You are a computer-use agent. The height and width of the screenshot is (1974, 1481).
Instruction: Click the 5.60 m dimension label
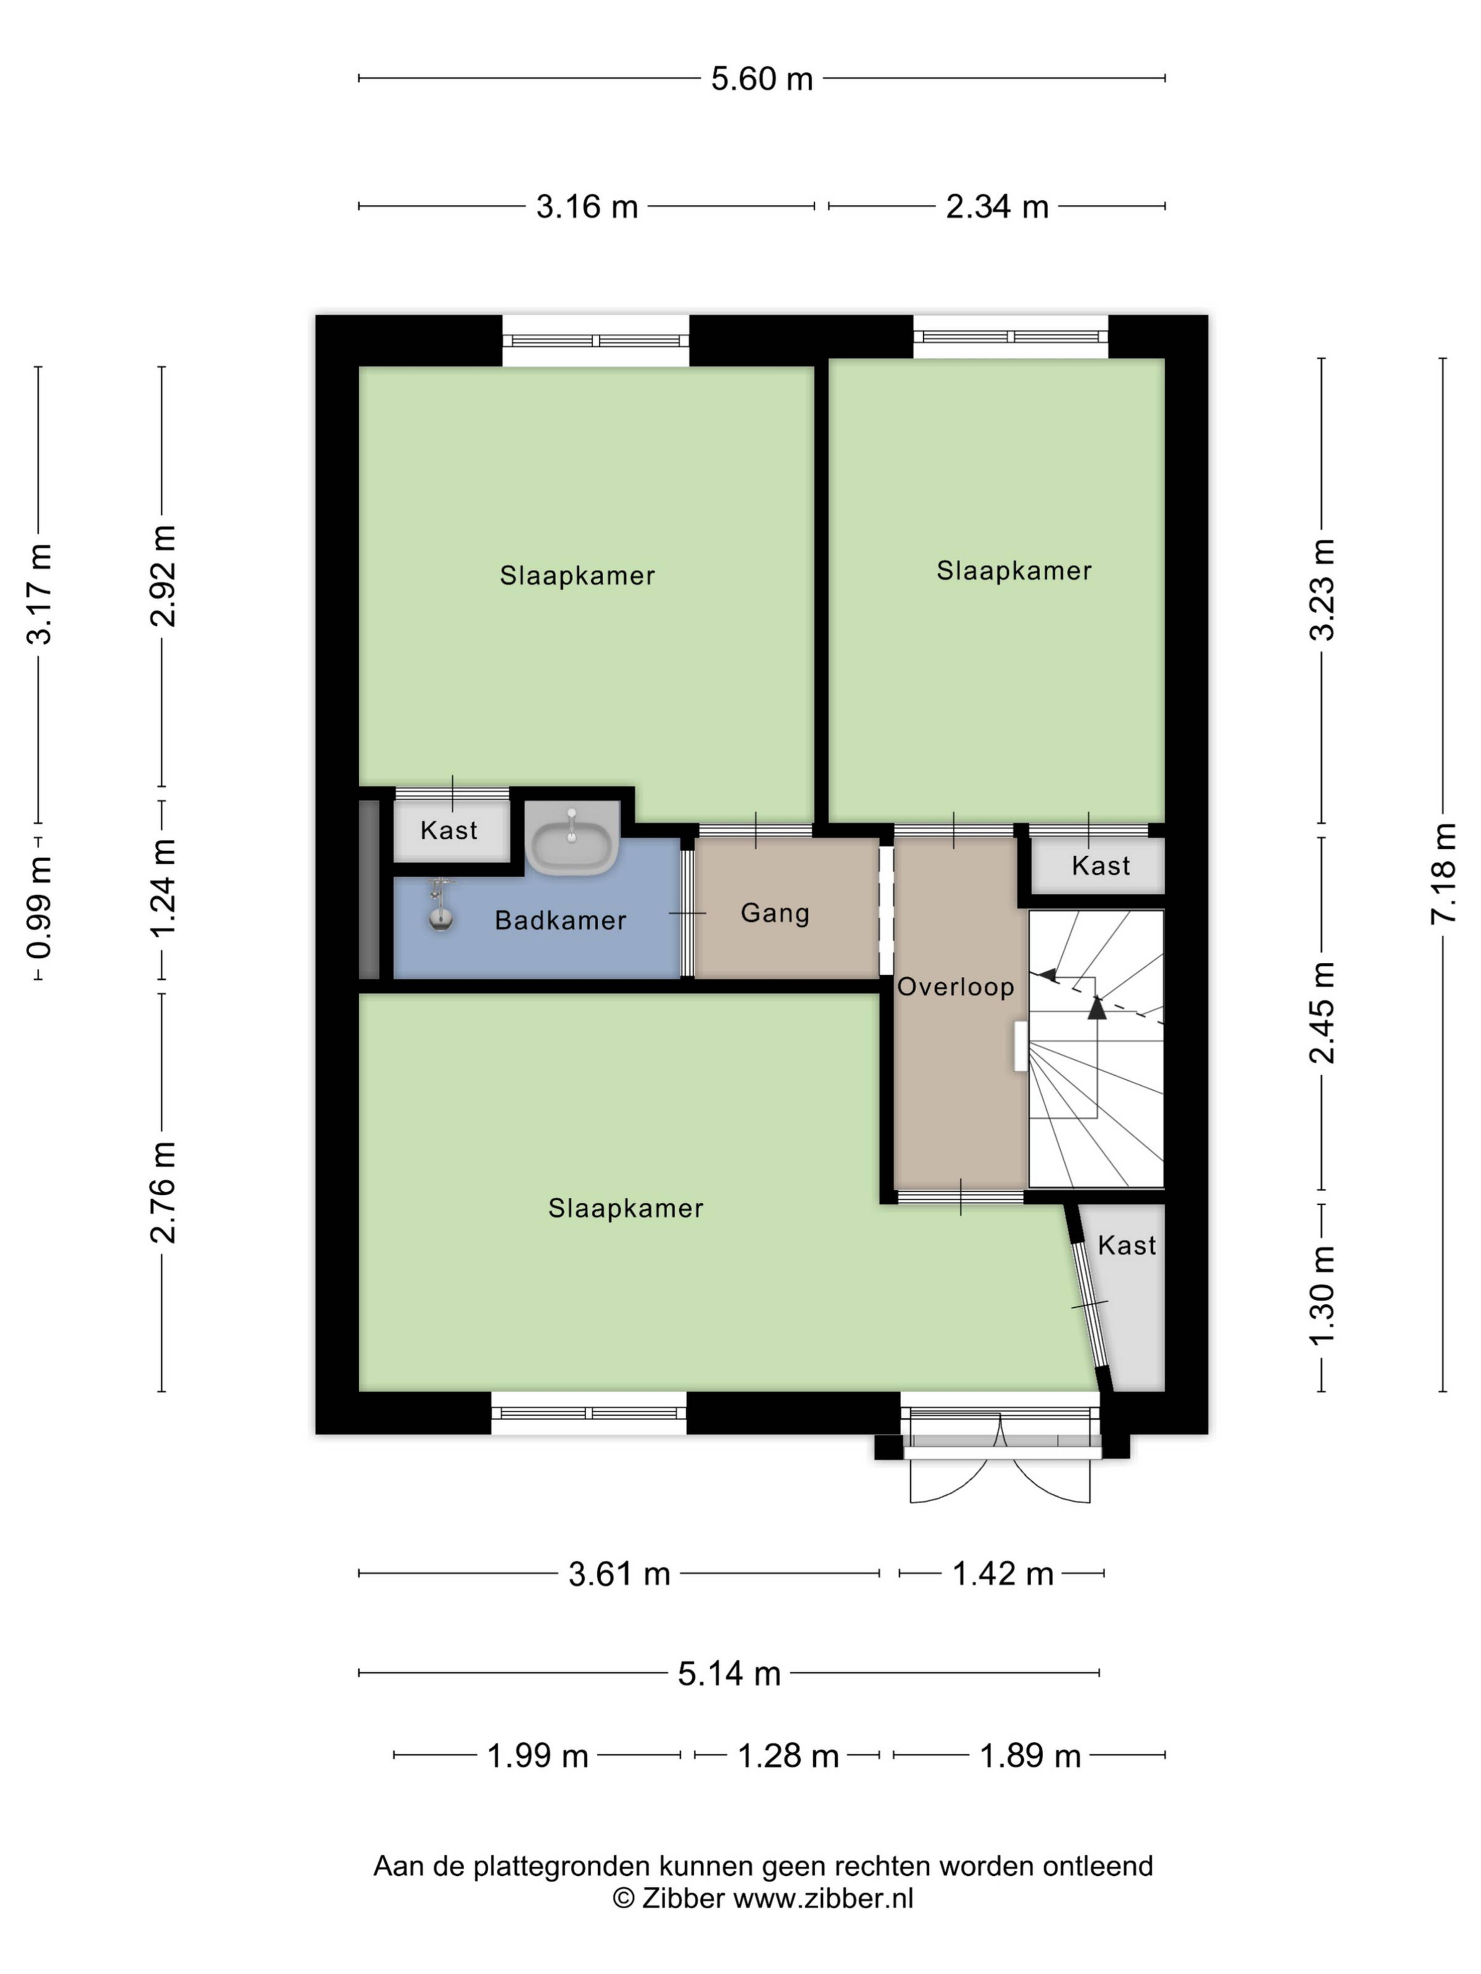[761, 79]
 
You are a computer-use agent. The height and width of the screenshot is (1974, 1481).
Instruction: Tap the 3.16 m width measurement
[587, 207]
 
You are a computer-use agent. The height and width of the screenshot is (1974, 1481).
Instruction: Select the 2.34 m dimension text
[997, 207]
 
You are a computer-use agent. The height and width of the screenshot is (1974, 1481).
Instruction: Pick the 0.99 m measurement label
[39, 907]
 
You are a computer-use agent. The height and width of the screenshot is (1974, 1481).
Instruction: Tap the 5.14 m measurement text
[729, 1673]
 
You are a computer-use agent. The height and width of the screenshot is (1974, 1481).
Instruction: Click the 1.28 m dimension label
[788, 1755]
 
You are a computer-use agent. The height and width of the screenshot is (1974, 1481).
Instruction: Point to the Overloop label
[955, 987]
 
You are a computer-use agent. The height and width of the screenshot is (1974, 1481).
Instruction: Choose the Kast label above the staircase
[1101, 866]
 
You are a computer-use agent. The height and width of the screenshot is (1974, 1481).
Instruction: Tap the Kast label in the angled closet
[1127, 1245]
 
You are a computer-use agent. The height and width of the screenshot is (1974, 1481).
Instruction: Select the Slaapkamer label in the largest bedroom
[626, 1208]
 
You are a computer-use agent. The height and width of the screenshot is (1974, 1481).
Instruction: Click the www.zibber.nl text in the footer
[823, 1898]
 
